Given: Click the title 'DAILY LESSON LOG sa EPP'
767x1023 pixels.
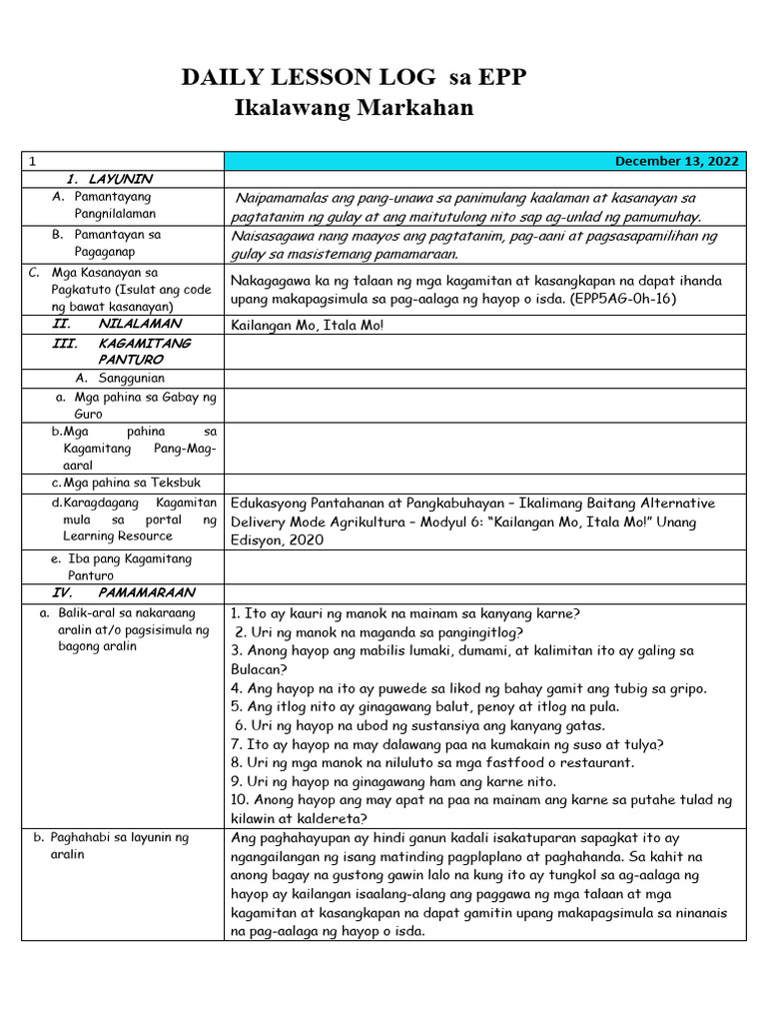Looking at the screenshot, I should point(353,80).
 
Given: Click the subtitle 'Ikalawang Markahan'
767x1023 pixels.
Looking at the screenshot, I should point(353,108).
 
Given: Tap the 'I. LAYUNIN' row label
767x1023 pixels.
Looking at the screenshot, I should point(109,179).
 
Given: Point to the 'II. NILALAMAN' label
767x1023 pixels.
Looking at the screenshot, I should point(117,324).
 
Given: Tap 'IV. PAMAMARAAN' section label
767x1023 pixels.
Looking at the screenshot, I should point(118,592).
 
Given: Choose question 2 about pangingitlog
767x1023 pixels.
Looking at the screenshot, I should point(380,631).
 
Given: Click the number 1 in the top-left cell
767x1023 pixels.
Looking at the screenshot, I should point(32,161).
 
